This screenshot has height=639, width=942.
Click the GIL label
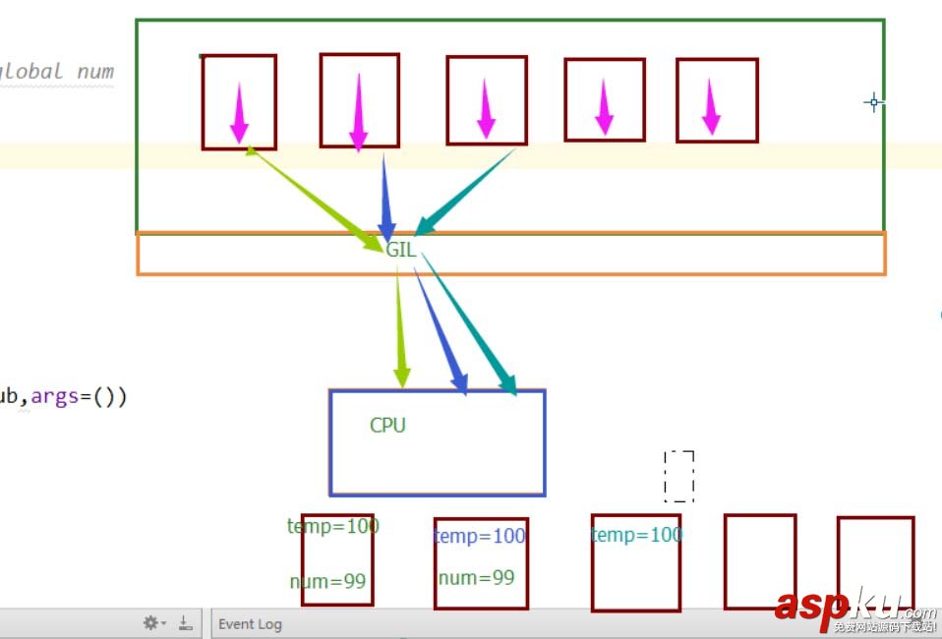401,250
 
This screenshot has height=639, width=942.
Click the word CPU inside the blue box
387,426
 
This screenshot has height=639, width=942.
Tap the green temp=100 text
333,526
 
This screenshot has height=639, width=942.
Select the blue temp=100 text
480,537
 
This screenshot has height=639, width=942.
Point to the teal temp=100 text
636,535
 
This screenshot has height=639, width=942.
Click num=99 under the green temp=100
327,582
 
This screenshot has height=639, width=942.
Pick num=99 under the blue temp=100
476,578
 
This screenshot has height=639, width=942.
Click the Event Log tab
250,624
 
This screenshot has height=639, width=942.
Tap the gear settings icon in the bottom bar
151,623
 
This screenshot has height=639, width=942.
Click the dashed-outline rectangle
678,477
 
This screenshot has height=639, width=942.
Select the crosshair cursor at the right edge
873,102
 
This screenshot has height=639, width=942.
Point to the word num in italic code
95,71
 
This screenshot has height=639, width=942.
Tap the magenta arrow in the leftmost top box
239,113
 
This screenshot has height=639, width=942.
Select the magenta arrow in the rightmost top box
711,107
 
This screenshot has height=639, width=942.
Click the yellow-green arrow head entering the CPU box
401,377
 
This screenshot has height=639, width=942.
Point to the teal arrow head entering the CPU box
508,384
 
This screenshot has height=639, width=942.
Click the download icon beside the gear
185,623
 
